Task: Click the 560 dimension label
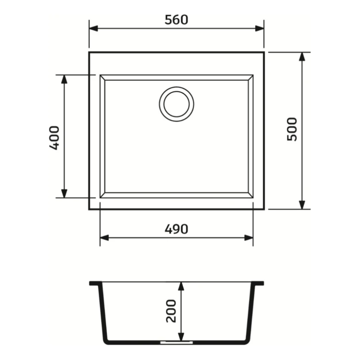pos(176,20)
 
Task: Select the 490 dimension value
pos(176,229)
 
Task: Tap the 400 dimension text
pos(55,138)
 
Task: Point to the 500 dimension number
pos(292,129)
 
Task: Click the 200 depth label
pos(171,311)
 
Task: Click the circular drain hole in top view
pos(176,104)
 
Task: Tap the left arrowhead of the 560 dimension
pos(94,28)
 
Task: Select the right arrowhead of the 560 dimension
pos(260,28)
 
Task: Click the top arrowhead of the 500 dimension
pos(302,57)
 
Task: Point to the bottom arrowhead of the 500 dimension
pos(302,205)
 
